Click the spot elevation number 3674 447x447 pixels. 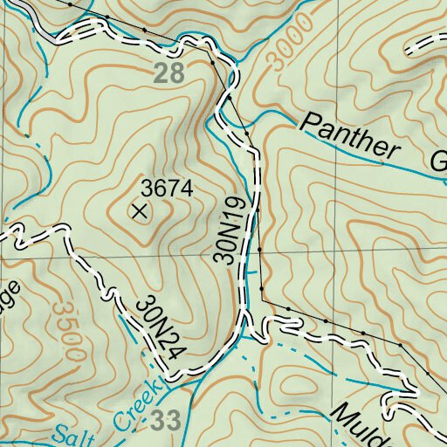166,188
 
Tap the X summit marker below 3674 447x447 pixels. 139,210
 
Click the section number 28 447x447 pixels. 170,74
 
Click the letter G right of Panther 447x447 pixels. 439,161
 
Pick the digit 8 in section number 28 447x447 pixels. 177,74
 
